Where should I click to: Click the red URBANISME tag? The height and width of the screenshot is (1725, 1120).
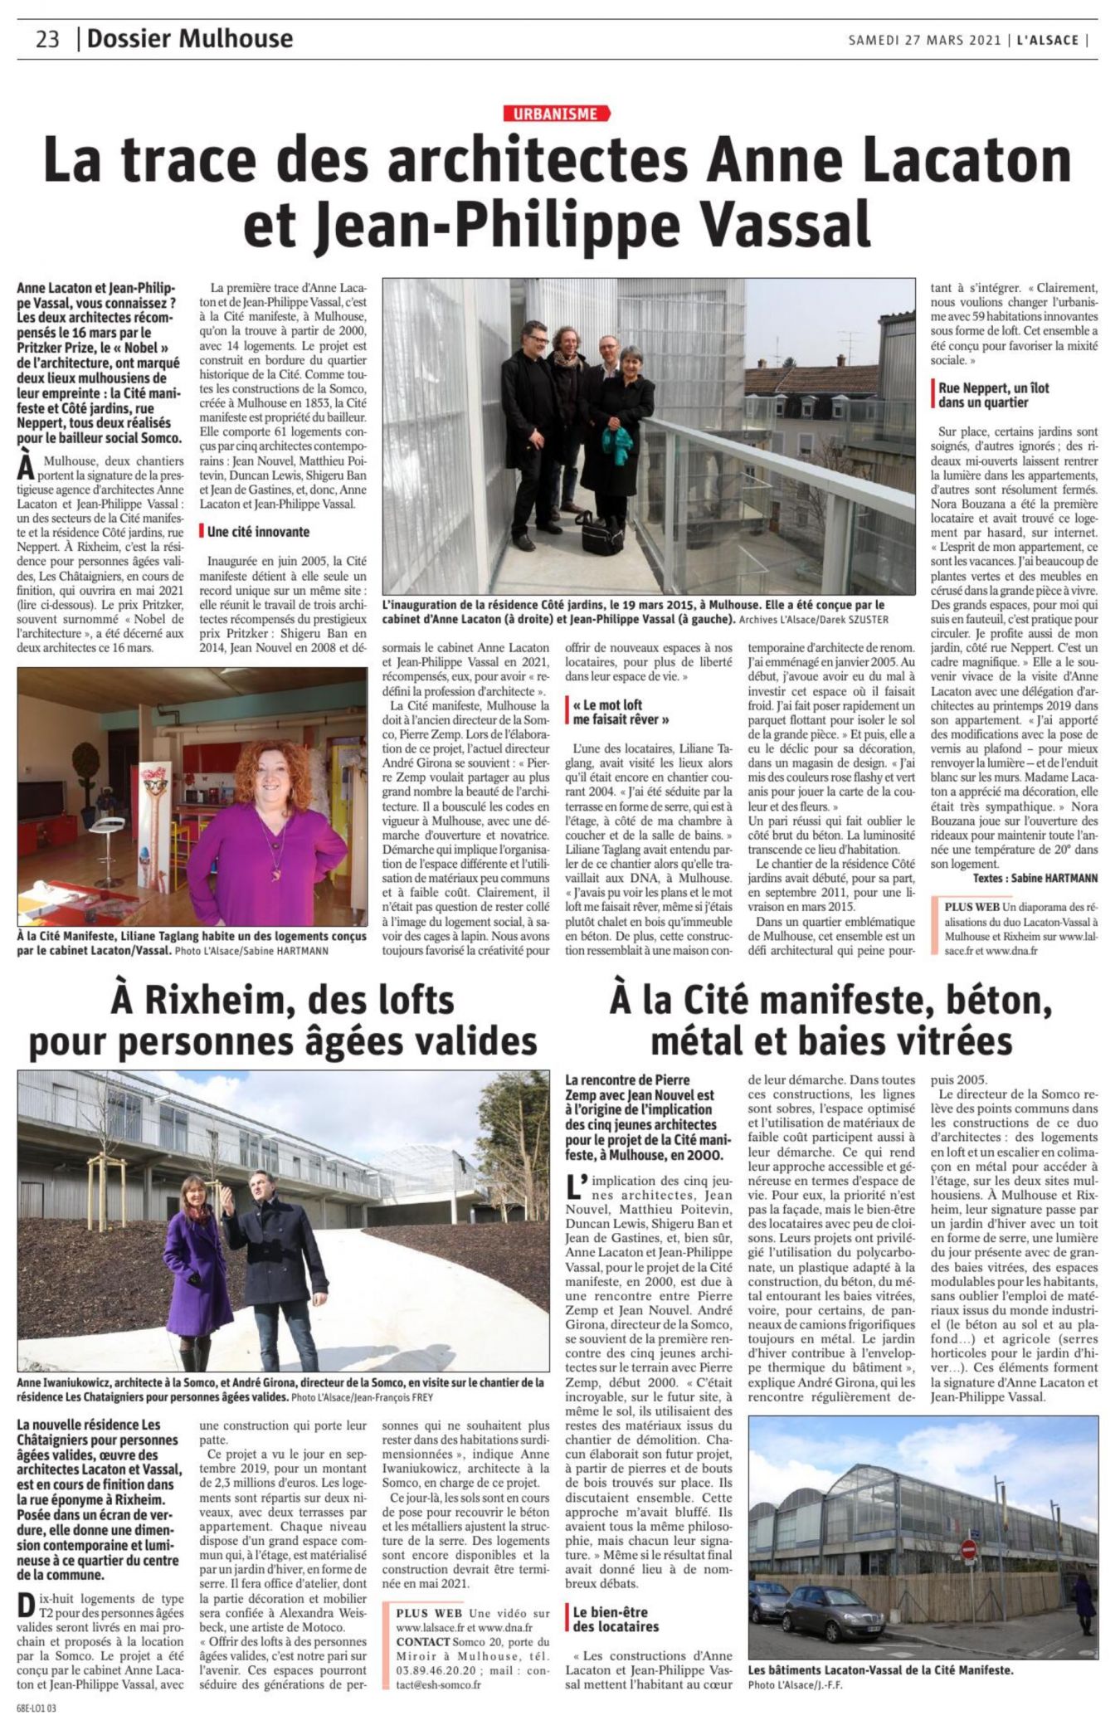click(x=555, y=114)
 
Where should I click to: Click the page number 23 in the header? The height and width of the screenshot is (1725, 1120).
click(x=47, y=39)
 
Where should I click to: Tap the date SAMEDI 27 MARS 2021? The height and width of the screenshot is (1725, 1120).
click(x=924, y=40)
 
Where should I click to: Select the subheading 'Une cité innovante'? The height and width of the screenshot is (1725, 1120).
click(x=258, y=532)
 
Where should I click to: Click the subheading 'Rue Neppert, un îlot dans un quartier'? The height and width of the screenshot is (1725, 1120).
click(x=994, y=395)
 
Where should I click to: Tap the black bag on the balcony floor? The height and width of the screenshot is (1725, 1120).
click(x=599, y=531)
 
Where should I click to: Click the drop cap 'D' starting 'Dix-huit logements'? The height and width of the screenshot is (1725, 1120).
click(x=25, y=1604)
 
